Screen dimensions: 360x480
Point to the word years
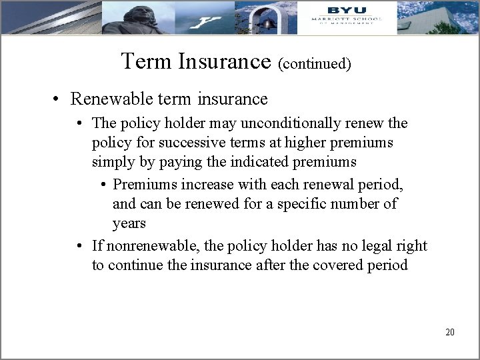point(129,223)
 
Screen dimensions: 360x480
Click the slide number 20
point(449,331)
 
